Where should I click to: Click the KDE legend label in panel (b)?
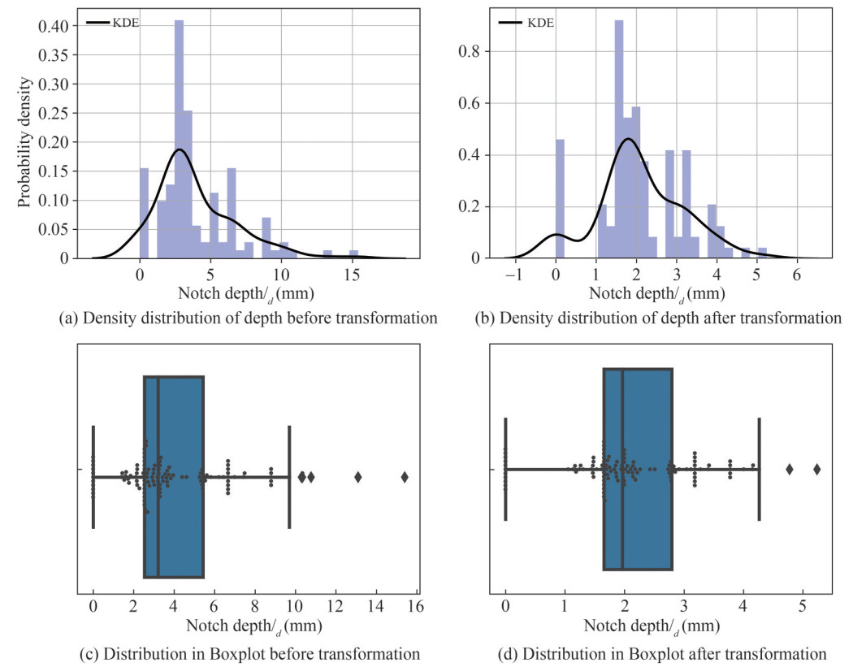pyautogui.click(x=541, y=23)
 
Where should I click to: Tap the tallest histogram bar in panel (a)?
pyautogui.click(x=179, y=138)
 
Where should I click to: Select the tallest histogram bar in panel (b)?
pyautogui.click(x=618, y=138)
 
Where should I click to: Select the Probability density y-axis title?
pyautogui.click(x=27, y=142)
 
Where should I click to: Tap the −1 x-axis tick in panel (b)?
pyautogui.click(x=513, y=274)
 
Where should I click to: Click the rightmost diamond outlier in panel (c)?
pyautogui.click(x=405, y=476)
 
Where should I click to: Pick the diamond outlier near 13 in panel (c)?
pyautogui.click(x=357, y=476)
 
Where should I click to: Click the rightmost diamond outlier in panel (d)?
pyautogui.click(x=817, y=469)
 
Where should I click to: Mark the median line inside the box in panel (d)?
pyautogui.click(x=622, y=469)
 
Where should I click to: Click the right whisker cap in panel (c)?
pyautogui.click(x=289, y=476)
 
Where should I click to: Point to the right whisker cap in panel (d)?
pyautogui.click(x=759, y=469)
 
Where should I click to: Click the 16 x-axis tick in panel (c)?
pyautogui.click(x=416, y=606)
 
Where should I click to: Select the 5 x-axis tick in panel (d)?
pyautogui.click(x=803, y=606)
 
